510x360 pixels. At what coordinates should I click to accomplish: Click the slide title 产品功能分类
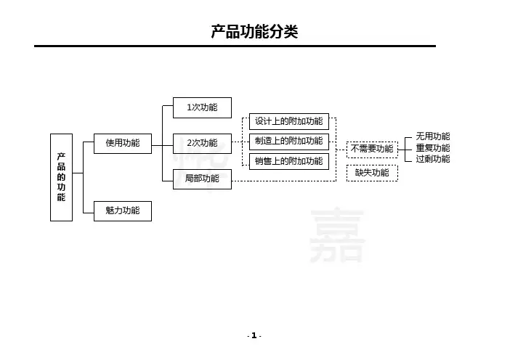click(254, 32)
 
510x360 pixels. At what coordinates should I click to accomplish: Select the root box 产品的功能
click(61, 177)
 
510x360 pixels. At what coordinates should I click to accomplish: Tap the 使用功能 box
click(123, 143)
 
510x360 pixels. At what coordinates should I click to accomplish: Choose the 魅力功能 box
click(123, 211)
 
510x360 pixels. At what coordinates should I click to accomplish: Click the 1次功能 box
click(201, 107)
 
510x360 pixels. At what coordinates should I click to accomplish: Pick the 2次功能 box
click(201, 143)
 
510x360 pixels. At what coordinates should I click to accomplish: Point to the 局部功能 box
click(201, 179)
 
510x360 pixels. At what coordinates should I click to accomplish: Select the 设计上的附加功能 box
click(288, 121)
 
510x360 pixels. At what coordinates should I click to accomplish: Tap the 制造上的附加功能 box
click(288, 141)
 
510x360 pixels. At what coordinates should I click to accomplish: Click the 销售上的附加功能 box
click(288, 161)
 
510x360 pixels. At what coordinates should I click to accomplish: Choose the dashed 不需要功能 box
click(372, 149)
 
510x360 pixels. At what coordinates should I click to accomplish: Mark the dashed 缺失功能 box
click(372, 173)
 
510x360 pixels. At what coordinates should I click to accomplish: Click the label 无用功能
click(433, 136)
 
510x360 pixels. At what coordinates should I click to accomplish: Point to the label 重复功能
click(433, 148)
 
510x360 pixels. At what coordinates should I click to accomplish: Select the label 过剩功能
click(433, 159)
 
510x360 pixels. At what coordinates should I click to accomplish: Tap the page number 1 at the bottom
click(254, 335)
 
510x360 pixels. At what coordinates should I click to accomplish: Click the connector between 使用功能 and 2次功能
click(161, 144)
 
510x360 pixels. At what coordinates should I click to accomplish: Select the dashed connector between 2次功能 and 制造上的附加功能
click(240, 143)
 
